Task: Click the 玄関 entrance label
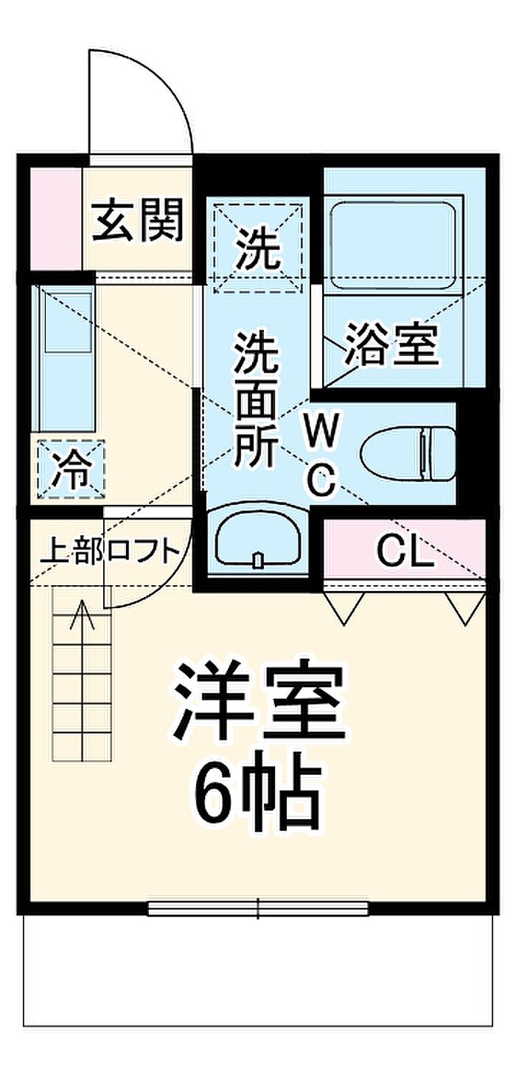click(138, 221)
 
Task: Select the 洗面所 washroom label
click(255, 400)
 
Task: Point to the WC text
click(321, 454)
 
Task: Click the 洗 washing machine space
click(258, 249)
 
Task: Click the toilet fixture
click(408, 453)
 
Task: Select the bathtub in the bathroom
click(393, 245)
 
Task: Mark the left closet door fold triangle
click(344, 608)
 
